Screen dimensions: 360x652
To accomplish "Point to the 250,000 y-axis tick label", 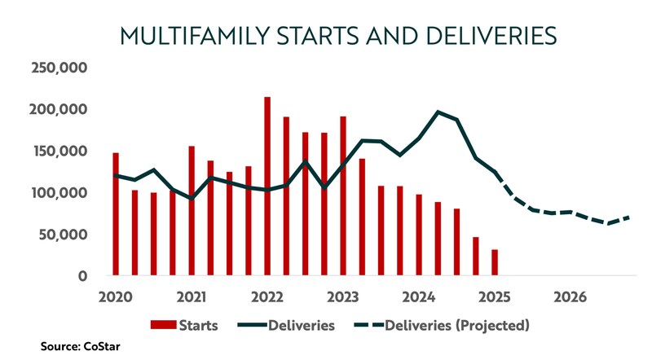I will [x=58, y=68].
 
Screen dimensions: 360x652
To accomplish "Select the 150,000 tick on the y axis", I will [x=58, y=151].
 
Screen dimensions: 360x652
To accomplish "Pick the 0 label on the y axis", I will [x=83, y=277].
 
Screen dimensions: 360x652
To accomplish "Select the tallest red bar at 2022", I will [x=267, y=187].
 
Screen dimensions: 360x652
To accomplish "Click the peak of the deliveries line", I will [x=438, y=112].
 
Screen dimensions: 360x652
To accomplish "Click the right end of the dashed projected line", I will [x=628, y=217].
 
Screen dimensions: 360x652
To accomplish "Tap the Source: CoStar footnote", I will [x=78, y=347].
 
